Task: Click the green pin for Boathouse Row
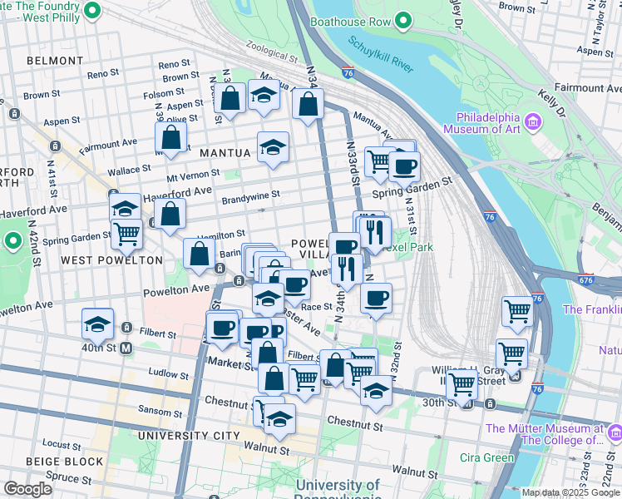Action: point(404,19)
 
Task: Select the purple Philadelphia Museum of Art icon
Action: point(532,124)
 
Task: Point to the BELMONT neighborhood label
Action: point(55,61)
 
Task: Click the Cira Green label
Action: point(487,458)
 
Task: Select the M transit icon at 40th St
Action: point(127,348)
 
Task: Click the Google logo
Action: point(27,489)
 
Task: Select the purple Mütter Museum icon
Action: point(615,433)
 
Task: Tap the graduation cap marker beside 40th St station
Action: point(97,324)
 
